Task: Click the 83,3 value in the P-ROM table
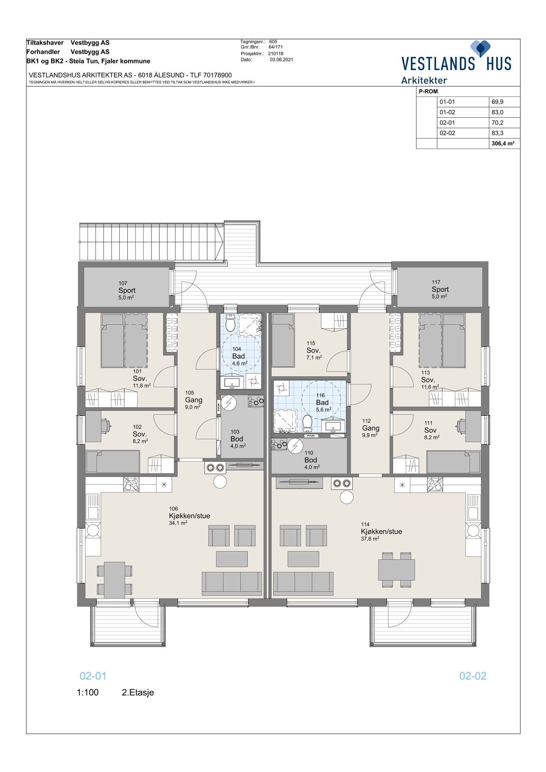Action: [x=497, y=133]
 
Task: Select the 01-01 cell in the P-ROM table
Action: [x=447, y=102]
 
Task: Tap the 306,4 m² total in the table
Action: [x=503, y=144]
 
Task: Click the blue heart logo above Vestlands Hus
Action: [x=480, y=48]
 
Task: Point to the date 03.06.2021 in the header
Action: [x=281, y=60]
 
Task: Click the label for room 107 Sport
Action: [x=127, y=290]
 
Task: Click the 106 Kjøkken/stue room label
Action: [x=189, y=516]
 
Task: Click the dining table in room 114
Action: [x=396, y=570]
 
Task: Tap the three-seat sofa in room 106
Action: [x=232, y=583]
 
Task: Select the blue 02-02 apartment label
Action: [x=473, y=676]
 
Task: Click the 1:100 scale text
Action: [x=88, y=693]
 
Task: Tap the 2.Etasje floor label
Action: [x=138, y=693]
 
